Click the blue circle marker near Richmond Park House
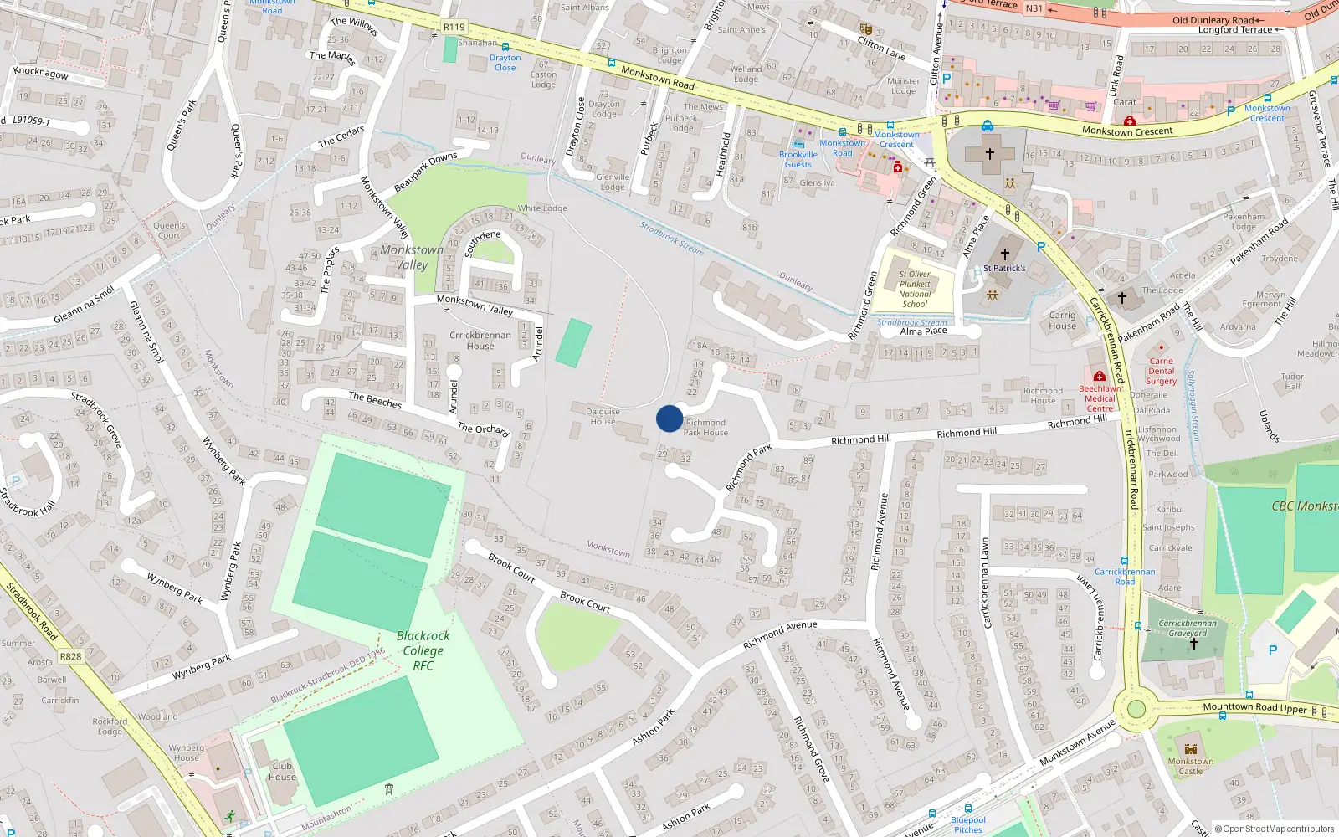tap(669, 418)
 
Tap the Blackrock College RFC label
tap(423, 650)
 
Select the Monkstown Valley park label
tap(412, 257)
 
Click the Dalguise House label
tap(603, 416)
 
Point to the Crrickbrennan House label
tap(480, 340)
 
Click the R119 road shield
tap(454, 27)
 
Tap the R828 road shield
tap(70, 656)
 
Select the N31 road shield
tap(1034, 8)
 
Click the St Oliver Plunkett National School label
tap(915, 289)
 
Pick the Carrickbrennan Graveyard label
tap(1188, 628)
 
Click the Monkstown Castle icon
tap(1191, 748)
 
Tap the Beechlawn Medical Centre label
tap(1100, 398)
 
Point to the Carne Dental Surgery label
tap(1161, 371)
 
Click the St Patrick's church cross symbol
tap(1005, 254)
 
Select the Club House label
tap(283, 771)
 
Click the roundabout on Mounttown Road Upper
tap(1136, 710)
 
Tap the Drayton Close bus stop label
tap(505, 63)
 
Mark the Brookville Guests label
tap(798, 159)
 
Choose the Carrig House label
tap(1063, 321)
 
